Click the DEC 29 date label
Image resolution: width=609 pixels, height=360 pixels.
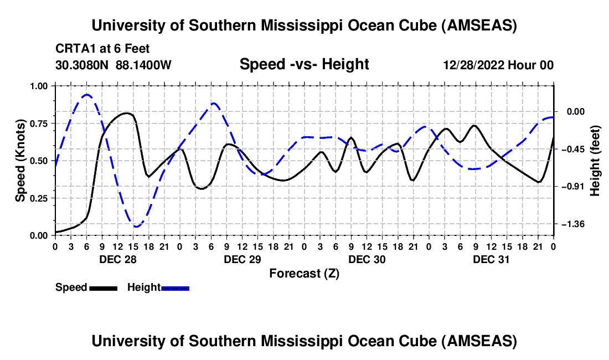tap(242, 259)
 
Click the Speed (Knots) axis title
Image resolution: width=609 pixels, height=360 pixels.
tap(20, 161)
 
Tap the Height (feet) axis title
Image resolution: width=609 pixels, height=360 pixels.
tap(595, 161)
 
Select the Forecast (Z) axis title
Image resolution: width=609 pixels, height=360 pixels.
tap(304, 273)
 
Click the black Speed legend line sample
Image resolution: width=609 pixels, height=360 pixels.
tap(102, 287)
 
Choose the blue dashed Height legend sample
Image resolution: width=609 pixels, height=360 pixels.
tap(175, 287)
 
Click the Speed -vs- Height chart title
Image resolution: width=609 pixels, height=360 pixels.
tap(304, 64)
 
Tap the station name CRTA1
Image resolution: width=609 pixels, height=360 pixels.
tap(74, 49)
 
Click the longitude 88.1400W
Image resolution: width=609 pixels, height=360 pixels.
tap(144, 65)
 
